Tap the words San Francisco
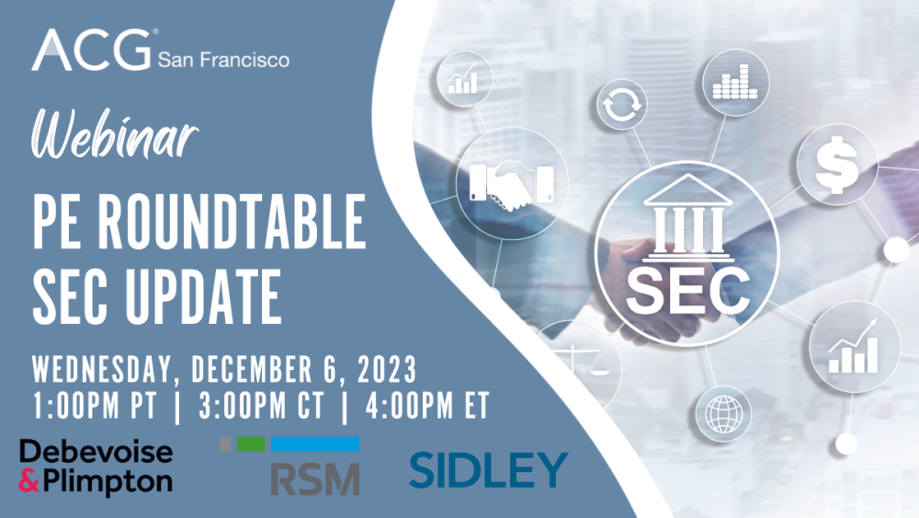click(223, 61)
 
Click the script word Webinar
click(115, 138)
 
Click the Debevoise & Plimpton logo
click(96, 466)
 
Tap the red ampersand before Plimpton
click(29, 480)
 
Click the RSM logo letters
click(314, 478)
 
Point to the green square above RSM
click(251, 444)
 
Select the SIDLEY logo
click(488, 469)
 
